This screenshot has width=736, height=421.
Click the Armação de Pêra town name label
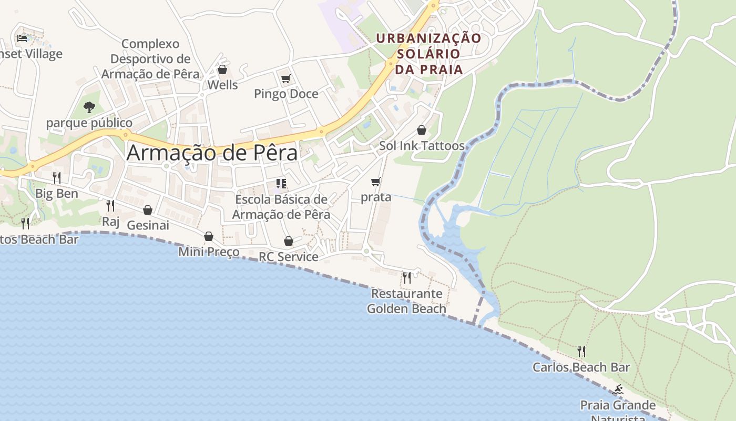click(x=212, y=153)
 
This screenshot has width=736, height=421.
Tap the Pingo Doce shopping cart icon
click(x=285, y=79)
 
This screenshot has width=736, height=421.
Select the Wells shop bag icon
click(x=222, y=69)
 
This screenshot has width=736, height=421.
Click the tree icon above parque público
click(x=89, y=107)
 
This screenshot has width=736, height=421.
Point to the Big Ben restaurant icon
click(x=57, y=178)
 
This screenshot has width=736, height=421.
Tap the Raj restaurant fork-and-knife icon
click(x=110, y=205)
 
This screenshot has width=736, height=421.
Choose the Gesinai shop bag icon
click(x=148, y=210)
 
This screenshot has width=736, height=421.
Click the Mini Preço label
click(x=209, y=252)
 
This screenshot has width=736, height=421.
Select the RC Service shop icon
click(x=288, y=241)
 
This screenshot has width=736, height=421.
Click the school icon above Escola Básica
click(x=281, y=184)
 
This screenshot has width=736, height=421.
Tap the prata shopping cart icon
click(x=376, y=182)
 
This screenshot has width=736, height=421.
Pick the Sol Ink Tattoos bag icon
click(x=422, y=130)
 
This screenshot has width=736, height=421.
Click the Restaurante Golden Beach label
click(x=406, y=301)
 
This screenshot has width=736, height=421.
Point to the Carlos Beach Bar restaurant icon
click(x=581, y=351)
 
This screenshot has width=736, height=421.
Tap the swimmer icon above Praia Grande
click(x=618, y=390)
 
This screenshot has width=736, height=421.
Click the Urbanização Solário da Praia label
click(x=429, y=54)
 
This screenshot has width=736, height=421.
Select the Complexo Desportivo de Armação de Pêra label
click(x=150, y=59)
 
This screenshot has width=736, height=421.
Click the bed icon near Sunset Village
click(x=22, y=38)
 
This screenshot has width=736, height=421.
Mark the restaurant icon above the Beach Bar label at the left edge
click(x=25, y=224)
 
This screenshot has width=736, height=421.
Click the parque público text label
click(x=89, y=123)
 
